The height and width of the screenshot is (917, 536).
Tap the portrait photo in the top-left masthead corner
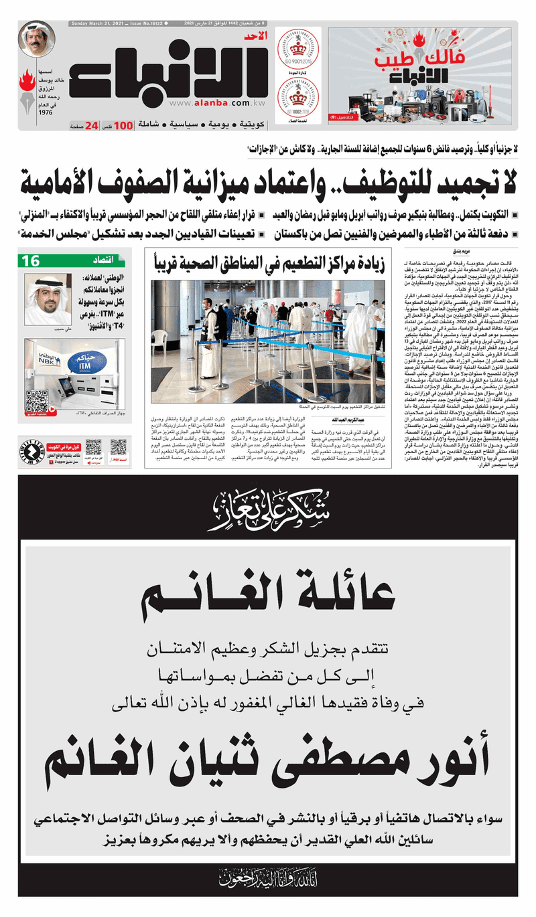[x=37, y=40]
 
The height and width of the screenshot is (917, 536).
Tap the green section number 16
[x=31, y=262]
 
